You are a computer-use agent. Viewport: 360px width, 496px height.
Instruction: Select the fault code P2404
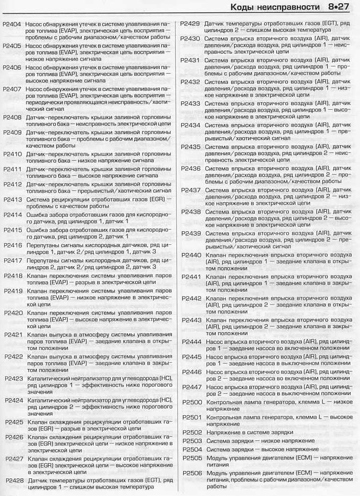tap(12, 24)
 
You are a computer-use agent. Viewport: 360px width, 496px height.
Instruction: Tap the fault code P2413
tap(12, 199)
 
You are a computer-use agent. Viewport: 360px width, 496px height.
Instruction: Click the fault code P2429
tap(190, 24)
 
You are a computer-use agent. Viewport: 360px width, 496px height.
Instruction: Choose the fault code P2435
tap(190, 147)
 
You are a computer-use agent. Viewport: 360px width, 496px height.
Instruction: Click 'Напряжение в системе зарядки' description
tap(249, 432)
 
